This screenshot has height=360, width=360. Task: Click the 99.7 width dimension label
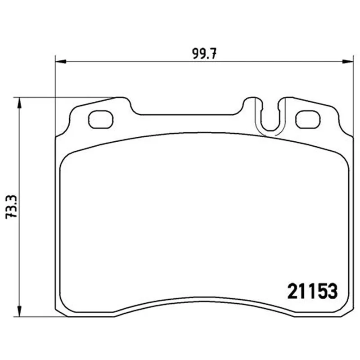(x=204, y=54)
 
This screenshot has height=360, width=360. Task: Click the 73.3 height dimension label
(x=11, y=207)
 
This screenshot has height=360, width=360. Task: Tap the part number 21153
(x=312, y=291)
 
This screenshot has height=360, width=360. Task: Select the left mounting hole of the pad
(x=101, y=119)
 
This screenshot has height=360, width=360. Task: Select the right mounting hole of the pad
(x=308, y=119)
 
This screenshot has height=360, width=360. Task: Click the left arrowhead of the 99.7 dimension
(x=61, y=62)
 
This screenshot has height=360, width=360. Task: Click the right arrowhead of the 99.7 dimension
(x=347, y=62)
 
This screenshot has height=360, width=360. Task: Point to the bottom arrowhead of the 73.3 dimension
(x=19, y=311)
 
